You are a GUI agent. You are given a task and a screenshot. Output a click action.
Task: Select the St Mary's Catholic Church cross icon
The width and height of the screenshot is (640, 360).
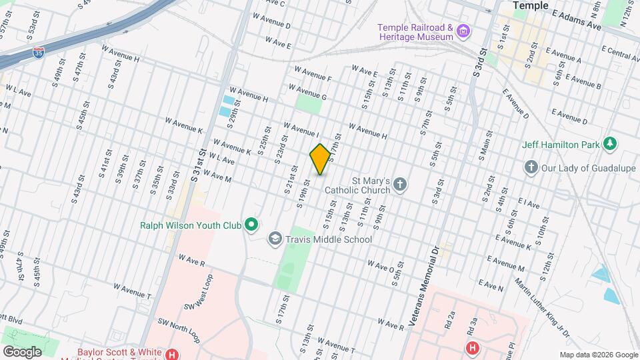point(400,184)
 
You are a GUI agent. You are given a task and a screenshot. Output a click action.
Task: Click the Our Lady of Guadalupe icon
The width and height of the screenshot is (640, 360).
point(531,167)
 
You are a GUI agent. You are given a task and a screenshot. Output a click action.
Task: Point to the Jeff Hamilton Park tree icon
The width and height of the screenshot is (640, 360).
point(609,143)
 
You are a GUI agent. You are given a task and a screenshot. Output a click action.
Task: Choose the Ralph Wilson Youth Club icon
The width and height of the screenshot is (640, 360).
point(251,225)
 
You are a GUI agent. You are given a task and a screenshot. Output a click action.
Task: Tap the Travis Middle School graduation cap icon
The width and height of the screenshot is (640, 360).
point(275,239)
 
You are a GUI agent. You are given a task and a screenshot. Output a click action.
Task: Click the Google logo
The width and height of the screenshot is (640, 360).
point(21,351)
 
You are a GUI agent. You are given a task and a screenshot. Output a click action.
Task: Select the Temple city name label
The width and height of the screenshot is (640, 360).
point(530,5)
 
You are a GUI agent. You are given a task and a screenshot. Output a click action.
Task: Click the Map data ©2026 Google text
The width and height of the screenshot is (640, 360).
point(598,355)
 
